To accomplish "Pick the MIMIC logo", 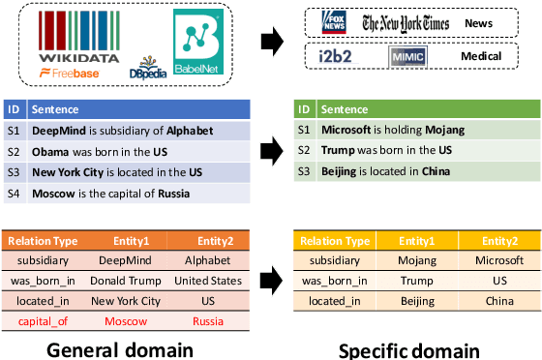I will click(x=407, y=57).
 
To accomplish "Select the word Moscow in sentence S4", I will click(x=54, y=193).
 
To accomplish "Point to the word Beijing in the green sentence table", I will click(x=343, y=171).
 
